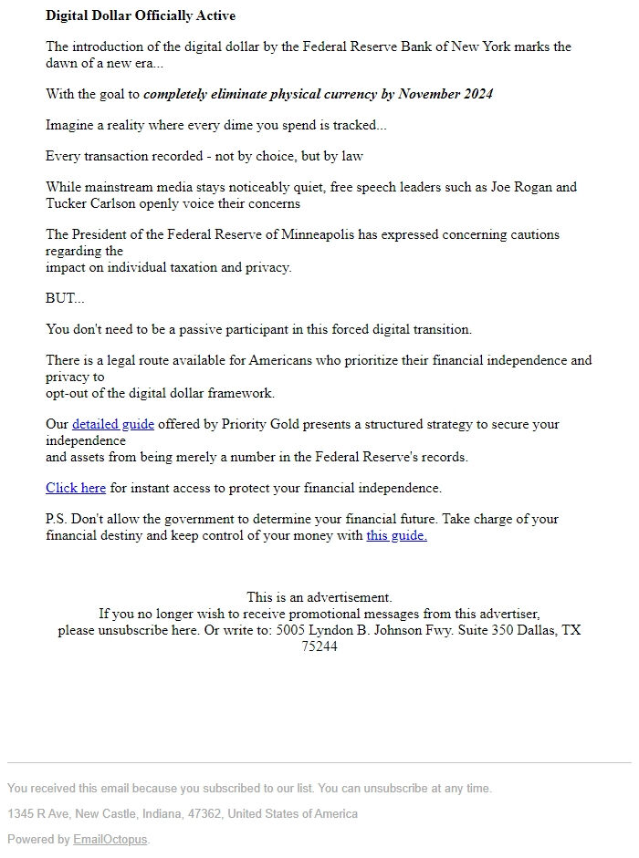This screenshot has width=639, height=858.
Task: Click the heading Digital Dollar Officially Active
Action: (141, 16)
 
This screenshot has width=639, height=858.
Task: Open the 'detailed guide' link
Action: (113, 424)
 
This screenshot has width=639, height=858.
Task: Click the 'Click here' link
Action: (76, 488)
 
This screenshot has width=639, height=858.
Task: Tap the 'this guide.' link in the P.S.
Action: (396, 535)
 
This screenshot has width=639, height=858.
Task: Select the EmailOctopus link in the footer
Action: (110, 839)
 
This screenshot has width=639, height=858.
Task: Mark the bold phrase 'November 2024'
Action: (446, 94)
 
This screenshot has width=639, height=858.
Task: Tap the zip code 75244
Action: (319, 646)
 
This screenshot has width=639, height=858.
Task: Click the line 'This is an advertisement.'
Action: (319, 597)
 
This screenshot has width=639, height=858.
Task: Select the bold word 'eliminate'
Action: (236, 94)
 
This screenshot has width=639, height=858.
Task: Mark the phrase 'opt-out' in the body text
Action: (68, 393)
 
